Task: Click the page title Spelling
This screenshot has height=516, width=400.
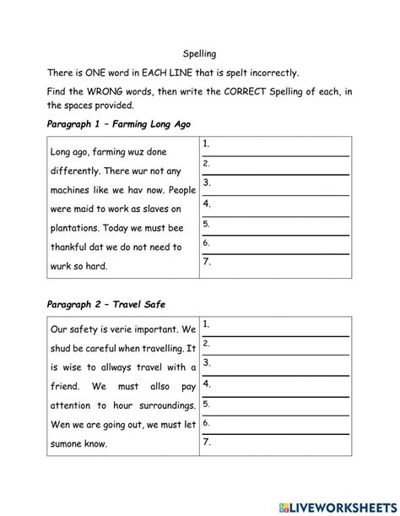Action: click(199, 52)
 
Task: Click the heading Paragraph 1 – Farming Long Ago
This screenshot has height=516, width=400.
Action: click(120, 123)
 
